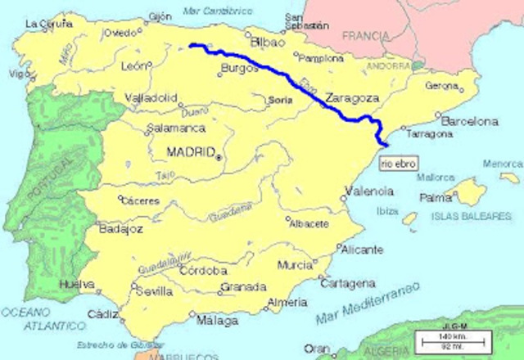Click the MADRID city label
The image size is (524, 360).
(190, 152)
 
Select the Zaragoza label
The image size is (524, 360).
(351, 97)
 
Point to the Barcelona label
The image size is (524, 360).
(470, 121)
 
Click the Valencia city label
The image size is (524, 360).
(369, 191)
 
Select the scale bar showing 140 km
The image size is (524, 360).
(449, 338)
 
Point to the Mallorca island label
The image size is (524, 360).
(434, 177)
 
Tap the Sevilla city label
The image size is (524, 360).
(156, 292)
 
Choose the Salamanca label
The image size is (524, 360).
(176, 128)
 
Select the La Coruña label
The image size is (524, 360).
(45, 24)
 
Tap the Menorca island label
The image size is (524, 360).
(501, 164)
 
